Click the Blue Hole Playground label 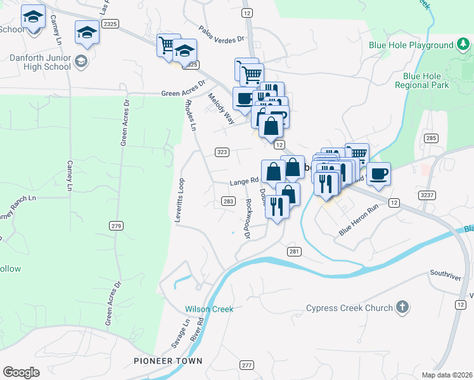tap(411, 46)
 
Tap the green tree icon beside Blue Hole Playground tap(463, 45)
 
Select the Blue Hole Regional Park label tap(421, 80)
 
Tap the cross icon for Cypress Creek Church tap(401, 308)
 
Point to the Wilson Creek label tap(209, 309)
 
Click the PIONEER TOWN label tap(168, 361)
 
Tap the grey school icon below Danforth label tap(81, 61)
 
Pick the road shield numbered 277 tap(247, 365)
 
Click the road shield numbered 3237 tap(427, 195)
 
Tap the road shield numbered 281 tap(293, 251)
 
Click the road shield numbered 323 tap(222, 152)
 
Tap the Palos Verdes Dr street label tap(221, 34)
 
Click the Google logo tap(21, 372)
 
